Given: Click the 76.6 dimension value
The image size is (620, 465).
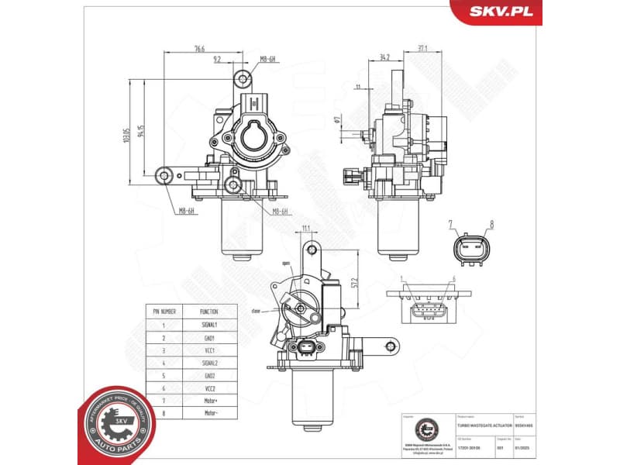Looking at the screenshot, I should click(200, 49).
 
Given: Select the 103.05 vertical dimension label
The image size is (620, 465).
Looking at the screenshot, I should click(126, 135).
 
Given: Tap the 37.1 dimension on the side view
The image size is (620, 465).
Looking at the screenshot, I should click(422, 48).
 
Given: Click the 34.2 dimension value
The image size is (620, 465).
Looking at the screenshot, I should click(385, 57).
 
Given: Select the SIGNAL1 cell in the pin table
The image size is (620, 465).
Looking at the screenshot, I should click(209, 325).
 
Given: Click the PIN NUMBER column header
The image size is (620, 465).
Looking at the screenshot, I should click(164, 312).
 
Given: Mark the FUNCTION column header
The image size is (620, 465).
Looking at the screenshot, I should click(209, 312).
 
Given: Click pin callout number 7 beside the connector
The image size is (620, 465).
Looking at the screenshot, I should click(449, 226).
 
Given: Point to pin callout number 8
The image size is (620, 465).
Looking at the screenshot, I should click(491, 226).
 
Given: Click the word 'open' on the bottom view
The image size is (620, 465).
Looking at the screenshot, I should click(287, 263).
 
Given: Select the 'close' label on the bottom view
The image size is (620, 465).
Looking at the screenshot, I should click(256, 310).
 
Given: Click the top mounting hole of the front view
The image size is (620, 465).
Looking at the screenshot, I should click(244, 78).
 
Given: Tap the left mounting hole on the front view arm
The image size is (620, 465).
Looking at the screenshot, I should click(165, 177).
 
